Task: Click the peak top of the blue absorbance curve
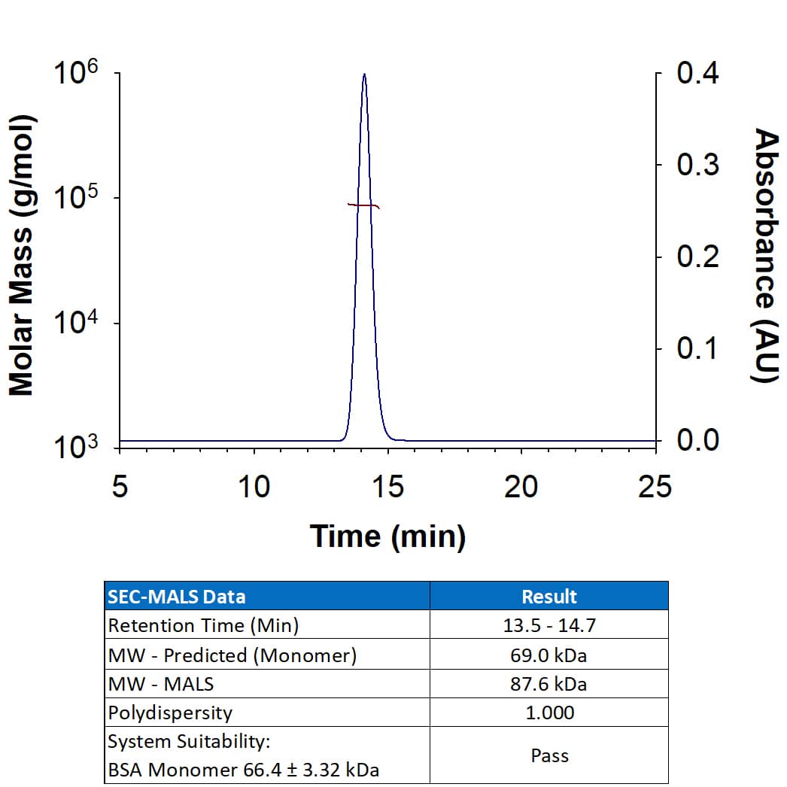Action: pyautogui.click(x=364, y=74)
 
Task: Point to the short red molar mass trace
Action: pyautogui.click(x=363, y=205)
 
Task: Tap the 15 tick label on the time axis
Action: pyautogui.click(x=387, y=488)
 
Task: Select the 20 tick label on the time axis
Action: pyautogui.click(x=521, y=488)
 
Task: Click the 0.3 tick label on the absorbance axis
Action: pyautogui.click(x=697, y=165)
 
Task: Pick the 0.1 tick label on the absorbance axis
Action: pyautogui.click(x=697, y=349)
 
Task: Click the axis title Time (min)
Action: pyautogui.click(x=387, y=536)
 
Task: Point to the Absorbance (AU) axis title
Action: pyautogui.click(x=765, y=256)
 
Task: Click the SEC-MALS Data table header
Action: pyautogui.click(x=177, y=597)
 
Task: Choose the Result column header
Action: pyautogui.click(x=548, y=597)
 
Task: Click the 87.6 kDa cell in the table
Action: pyautogui.click(x=548, y=684)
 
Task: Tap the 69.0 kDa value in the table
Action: pyautogui.click(x=548, y=655)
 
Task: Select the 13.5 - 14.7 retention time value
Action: pyautogui.click(x=548, y=626)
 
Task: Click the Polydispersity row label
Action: pyautogui.click(x=170, y=713)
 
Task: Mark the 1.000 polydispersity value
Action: pyautogui.click(x=548, y=713)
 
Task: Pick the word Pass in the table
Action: pyautogui.click(x=548, y=755)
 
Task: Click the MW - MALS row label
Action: pyautogui.click(x=161, y=684)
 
